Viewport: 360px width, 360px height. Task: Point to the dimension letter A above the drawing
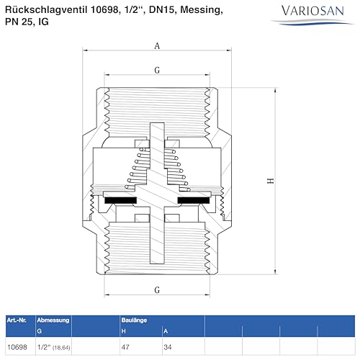click(x=158, y=45)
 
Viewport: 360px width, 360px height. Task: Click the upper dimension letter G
click(x=157, y=70)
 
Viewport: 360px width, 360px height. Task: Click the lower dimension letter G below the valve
click(x=157, y=290)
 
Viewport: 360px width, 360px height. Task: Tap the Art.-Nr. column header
click(x=17, y=319)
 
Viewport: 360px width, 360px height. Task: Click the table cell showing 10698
click(x=17, y=346)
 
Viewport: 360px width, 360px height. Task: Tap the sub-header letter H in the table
click(x=124, y=330)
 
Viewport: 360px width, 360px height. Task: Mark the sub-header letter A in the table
click(x=165, y=330)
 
